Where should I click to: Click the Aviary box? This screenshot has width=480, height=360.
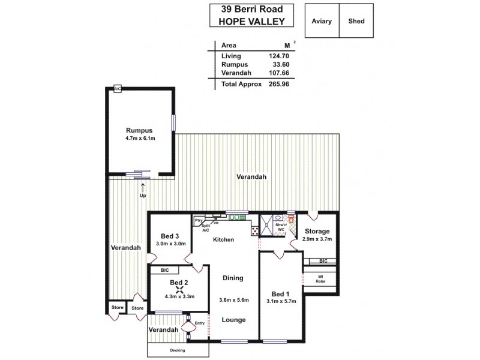(322, 21)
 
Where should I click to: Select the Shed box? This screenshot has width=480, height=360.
(356, 21)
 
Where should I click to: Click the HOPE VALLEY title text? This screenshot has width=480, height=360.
(251, 20)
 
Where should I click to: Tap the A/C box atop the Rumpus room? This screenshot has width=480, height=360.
(118, 89)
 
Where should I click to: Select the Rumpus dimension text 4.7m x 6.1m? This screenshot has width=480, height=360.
(140, 139)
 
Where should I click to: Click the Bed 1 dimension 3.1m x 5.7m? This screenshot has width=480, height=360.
(281, 302)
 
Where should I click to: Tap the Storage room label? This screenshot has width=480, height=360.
(317, 231)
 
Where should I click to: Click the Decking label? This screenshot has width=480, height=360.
(177, 350)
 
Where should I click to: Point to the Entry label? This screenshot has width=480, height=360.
(200, 323)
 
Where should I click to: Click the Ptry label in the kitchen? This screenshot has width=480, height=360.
(197, 220)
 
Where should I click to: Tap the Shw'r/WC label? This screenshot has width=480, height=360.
(280, 227)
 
